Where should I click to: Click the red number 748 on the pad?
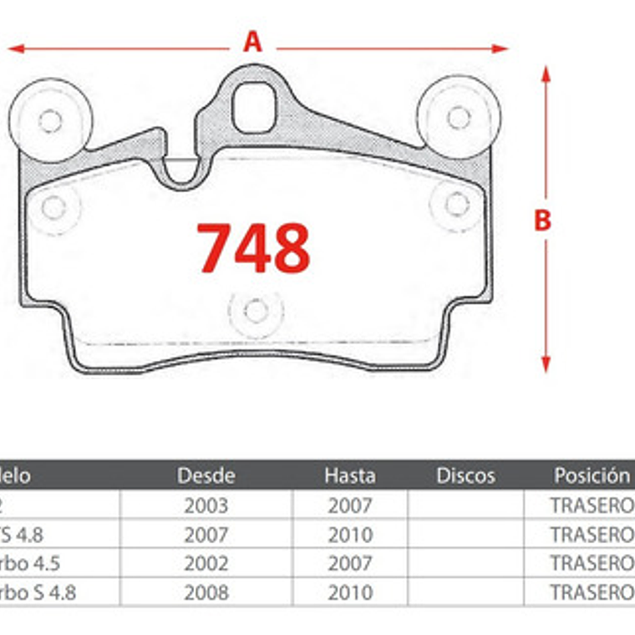point(253,248)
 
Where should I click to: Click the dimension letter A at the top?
point(252,41)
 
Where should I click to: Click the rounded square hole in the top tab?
point(253,108)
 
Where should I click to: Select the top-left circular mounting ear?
point(50,120)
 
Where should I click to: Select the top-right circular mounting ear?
point(459,117)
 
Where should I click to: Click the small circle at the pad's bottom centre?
point(256,311)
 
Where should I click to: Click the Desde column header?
point(206,476)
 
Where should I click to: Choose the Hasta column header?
point(350,476)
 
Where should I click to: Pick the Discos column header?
point(465,476)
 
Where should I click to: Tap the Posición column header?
point(592,475)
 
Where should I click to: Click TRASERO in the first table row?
point(592,505)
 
